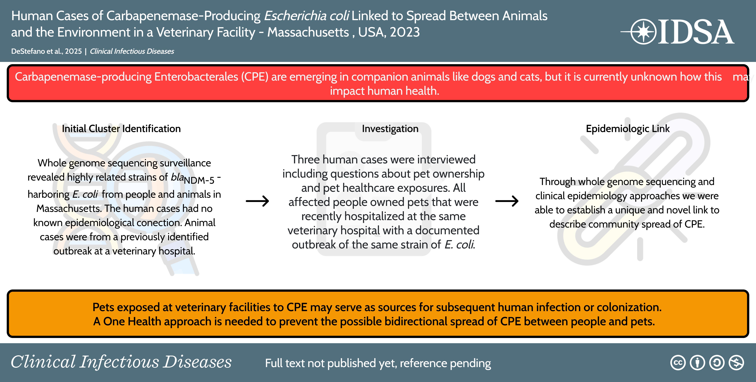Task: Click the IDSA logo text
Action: click(695, 32)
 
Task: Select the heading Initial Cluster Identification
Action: click(121, 129)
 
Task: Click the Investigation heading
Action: click(390, 129)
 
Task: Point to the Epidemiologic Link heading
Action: click(628, 129)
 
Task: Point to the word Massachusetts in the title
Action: click(308, 32)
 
